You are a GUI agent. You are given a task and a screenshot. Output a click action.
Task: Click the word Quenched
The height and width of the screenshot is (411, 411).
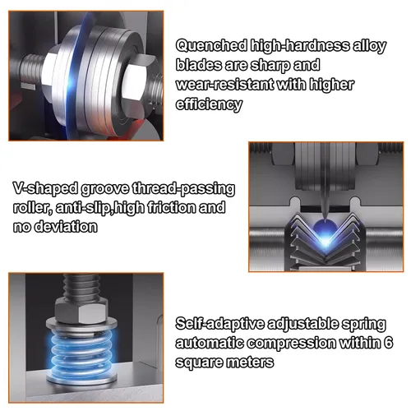(211, 46)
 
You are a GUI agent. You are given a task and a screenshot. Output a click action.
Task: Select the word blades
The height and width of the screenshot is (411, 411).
(198, 65)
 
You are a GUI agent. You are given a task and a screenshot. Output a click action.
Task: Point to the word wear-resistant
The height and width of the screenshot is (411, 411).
(224, 85)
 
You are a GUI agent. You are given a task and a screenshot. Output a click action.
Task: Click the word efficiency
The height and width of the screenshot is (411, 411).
(209, 104)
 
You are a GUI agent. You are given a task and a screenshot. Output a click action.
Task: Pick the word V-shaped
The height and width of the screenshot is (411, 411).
(45, 189)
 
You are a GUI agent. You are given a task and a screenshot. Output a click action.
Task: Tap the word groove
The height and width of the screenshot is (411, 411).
(105, 189)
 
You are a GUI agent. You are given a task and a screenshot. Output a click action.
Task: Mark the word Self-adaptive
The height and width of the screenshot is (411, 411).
(220, 324)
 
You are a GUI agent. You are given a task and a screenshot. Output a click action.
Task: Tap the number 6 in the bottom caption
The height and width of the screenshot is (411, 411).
(388, 343)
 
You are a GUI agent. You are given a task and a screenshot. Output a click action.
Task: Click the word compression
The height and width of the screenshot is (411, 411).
(291, 344)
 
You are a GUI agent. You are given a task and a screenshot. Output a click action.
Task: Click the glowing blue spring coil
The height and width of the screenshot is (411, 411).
(81, 351)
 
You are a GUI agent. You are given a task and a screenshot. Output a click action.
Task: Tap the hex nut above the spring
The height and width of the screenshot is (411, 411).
(81, 310)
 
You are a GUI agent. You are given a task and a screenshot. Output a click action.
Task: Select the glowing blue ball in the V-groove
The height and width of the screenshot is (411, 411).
(324, 229)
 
